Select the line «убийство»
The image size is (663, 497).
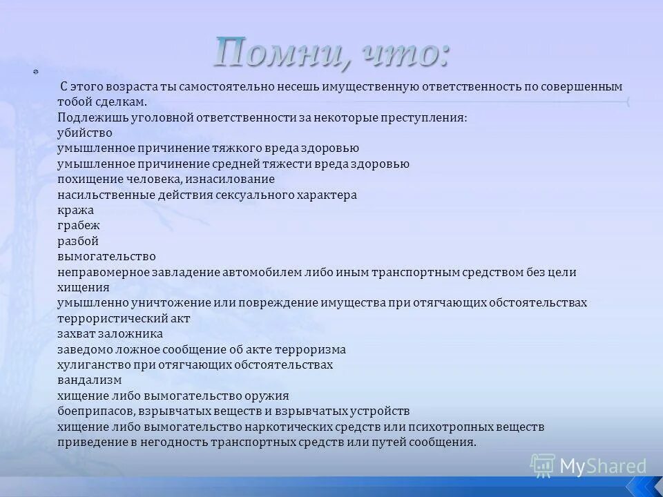pos(85,133)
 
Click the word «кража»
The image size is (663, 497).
pos(76,211)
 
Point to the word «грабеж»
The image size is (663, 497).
pos(79,226)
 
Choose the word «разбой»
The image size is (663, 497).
pos(78,242)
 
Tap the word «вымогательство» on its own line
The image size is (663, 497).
pos(107,257)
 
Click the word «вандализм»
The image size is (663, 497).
pos(90,380)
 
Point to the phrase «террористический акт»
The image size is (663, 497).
pos(124,318)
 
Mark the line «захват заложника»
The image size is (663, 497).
pos(110,334)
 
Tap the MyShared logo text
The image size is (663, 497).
pos(602,466)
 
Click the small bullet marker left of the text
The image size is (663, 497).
pos(36,72)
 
